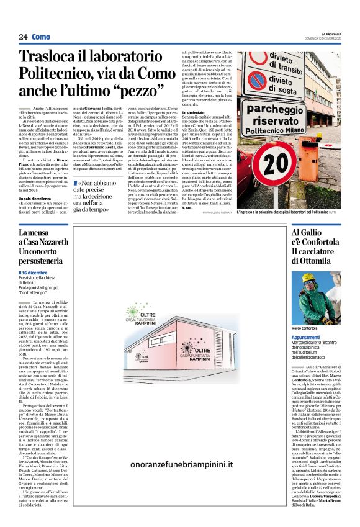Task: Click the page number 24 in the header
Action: pyautogui.click(x=23, y=37)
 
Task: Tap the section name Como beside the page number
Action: pyautogui.click(x=42, y=37)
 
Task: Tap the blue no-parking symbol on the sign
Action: pyautogui.click(x=256, y=80)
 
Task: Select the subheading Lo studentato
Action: pyautogui.click(x=187, y=112)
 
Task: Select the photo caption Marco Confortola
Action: pyautogui.click(x=305, y=328)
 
